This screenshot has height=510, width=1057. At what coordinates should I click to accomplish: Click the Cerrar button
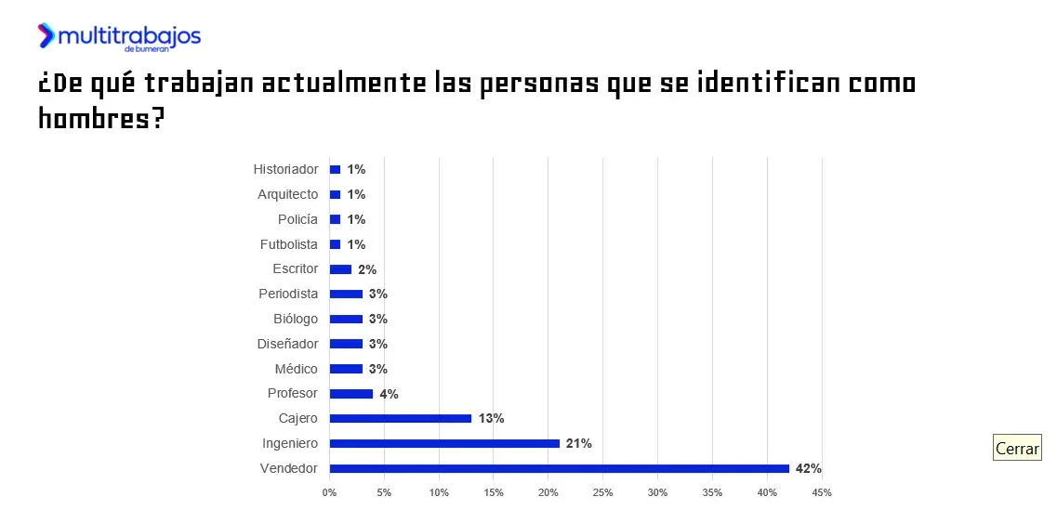tap(1017, 448)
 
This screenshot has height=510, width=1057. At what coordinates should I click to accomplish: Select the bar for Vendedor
tap(559, 468)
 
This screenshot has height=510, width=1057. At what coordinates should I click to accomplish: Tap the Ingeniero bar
tap(444, 443)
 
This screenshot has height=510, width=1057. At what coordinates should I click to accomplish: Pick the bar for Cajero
tap(401, 418)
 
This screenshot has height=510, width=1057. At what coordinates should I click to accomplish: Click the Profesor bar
tap(351, 394)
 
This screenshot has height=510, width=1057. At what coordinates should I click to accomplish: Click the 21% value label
tap(579, 443)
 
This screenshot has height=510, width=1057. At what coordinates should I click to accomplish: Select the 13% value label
tap(491, 418)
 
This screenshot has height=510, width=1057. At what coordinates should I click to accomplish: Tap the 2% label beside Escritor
tap(366, 269)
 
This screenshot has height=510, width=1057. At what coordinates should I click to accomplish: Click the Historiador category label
tap(285, 169)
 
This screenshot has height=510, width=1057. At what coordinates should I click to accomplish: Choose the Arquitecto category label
tap(287, 194)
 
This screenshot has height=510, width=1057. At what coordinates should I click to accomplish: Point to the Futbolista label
tap(288, 244)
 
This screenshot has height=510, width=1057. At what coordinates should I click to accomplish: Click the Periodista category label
tap(288, 294)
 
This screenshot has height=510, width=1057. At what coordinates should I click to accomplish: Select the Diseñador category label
tap(287, 344)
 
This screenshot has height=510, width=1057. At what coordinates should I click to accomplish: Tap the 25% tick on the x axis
tap(603, 491)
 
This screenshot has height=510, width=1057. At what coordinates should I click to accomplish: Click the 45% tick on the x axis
tap(822, 491)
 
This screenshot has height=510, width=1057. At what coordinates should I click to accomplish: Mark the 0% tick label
tap(329, 491)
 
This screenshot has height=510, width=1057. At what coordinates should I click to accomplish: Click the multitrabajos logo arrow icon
tap(46, 35)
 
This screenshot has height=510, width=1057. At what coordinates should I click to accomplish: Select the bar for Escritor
tap(340, 269)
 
